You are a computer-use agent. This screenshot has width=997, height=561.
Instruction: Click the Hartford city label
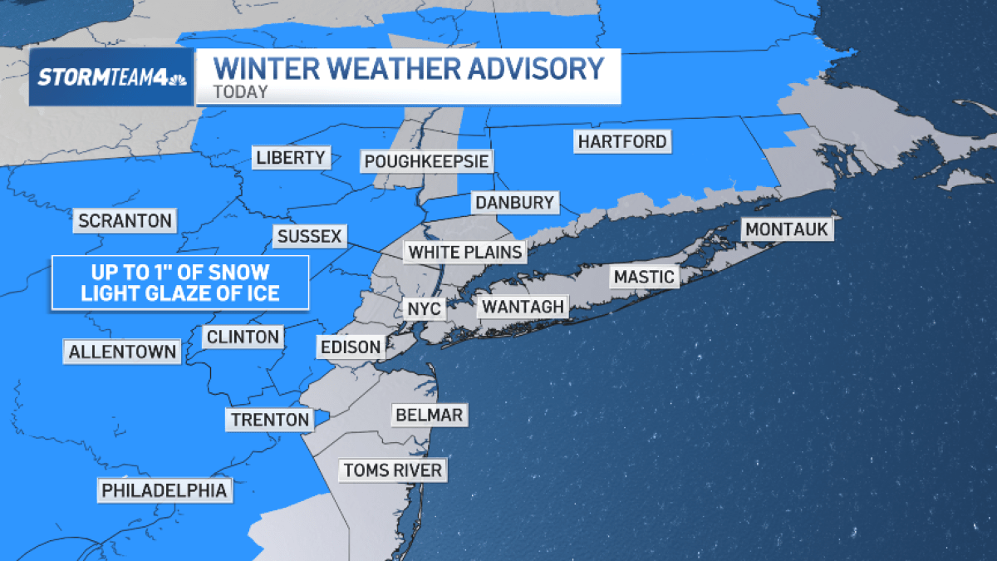[622, 141]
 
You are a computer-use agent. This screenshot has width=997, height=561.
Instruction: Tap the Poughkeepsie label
[425, 160]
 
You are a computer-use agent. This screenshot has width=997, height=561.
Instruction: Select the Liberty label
[291, 157]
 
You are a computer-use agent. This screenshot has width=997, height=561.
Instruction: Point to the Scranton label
[125, 221]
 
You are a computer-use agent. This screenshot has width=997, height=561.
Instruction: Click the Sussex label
[309, 236]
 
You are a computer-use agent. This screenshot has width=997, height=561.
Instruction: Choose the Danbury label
[514, 203]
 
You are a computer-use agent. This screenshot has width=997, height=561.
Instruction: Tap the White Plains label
[465, 252]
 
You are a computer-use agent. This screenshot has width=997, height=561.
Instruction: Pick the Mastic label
[644, 276]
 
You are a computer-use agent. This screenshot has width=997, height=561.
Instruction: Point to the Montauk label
[787, 229]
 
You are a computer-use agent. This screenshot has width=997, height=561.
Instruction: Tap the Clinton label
[243, 337]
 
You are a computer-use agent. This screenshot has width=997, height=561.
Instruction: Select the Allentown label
[123, 352]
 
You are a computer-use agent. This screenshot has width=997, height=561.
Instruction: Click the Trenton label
[270, 420]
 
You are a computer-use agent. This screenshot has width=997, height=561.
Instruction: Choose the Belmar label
[429, 415]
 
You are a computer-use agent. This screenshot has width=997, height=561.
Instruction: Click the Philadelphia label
[164, 490]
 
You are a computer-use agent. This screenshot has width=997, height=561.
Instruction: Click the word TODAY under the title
[241, 91]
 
